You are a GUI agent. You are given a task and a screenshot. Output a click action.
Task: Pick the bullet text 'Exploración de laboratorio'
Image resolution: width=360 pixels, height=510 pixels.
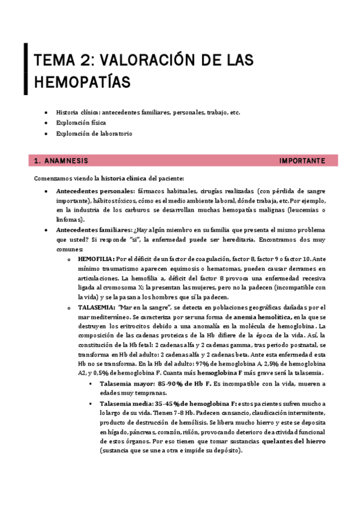coord(94,134)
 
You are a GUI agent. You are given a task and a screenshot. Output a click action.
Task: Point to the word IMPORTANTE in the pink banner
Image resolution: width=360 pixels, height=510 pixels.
coord(302,161)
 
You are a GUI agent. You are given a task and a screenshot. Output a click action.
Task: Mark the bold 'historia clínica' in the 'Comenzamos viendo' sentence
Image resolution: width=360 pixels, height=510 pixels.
coord(124,179)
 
